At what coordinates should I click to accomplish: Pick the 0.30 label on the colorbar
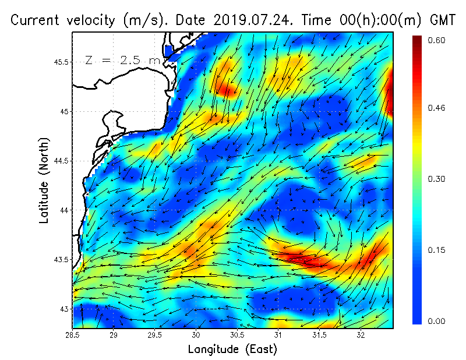[x=437, y=179]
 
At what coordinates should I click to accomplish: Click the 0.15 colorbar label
[x=437, y=250]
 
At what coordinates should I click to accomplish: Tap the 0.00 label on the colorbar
[x=437, y=321]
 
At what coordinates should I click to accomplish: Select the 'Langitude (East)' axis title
[x=232, y=350]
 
